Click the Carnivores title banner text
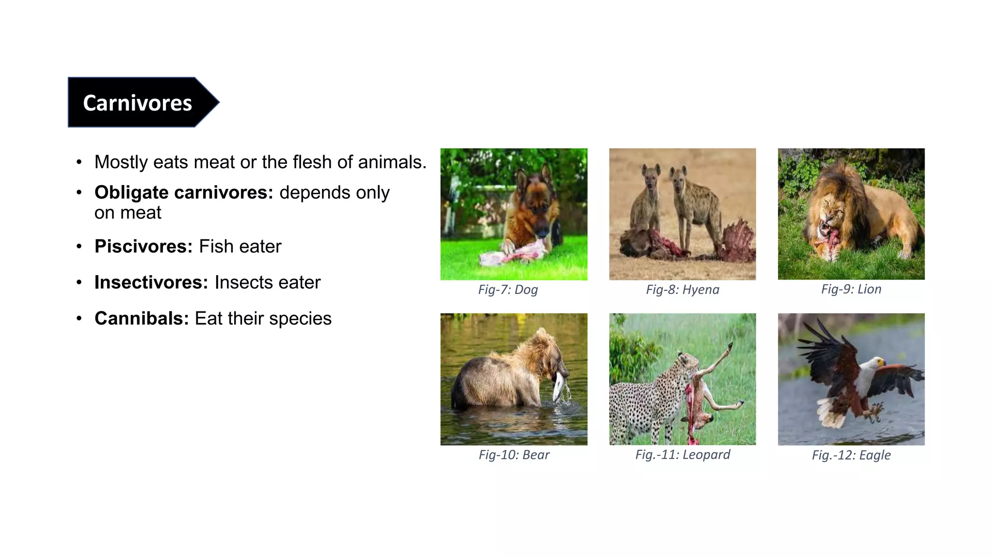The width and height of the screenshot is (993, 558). point(137,103)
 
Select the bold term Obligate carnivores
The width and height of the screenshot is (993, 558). point(184,193)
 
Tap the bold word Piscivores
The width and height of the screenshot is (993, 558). point(144,247)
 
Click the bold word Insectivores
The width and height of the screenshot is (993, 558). point(151,282)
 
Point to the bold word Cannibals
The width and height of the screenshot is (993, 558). point(141,319)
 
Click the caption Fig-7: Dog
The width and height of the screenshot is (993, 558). point(508,290)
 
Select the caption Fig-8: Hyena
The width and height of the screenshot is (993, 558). point(682,290)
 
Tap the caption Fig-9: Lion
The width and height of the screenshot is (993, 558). point(851,289)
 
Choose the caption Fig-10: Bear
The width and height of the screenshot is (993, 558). point(514,455)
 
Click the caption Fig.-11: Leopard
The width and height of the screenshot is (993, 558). point(682,454)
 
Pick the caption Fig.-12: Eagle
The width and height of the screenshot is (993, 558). point(851,455)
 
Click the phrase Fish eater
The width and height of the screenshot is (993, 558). point(240,247)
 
